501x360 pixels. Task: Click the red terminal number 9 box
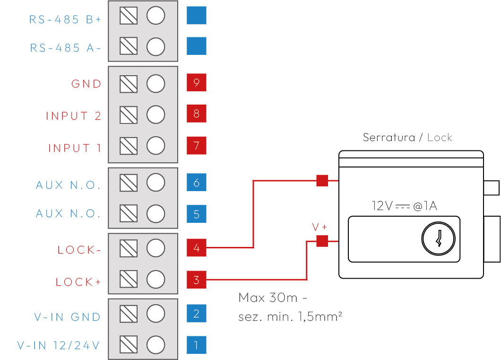(x=197, y=83)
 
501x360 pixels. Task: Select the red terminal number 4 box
(x=197, y=247)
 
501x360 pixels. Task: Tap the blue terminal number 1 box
(x=197, y=345)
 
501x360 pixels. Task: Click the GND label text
(x=86, y=84)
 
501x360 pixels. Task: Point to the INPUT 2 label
(x=74, y=116)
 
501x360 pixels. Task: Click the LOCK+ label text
(x=78, y=282)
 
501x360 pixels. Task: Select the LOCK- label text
(x=79, y=250)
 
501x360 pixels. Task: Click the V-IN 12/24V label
(x=59, y=345)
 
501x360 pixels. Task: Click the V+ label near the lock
(x=320, y=228)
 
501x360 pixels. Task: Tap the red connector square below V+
(x=322, y=241)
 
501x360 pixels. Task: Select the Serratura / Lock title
(x=407, y=138)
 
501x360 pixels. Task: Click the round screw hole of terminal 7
(x=155, y=145)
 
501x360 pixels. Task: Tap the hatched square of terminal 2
(x=129, y=313)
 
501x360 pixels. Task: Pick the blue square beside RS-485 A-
(x=197, y=46)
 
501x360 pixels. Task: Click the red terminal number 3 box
(x=197, y=280)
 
